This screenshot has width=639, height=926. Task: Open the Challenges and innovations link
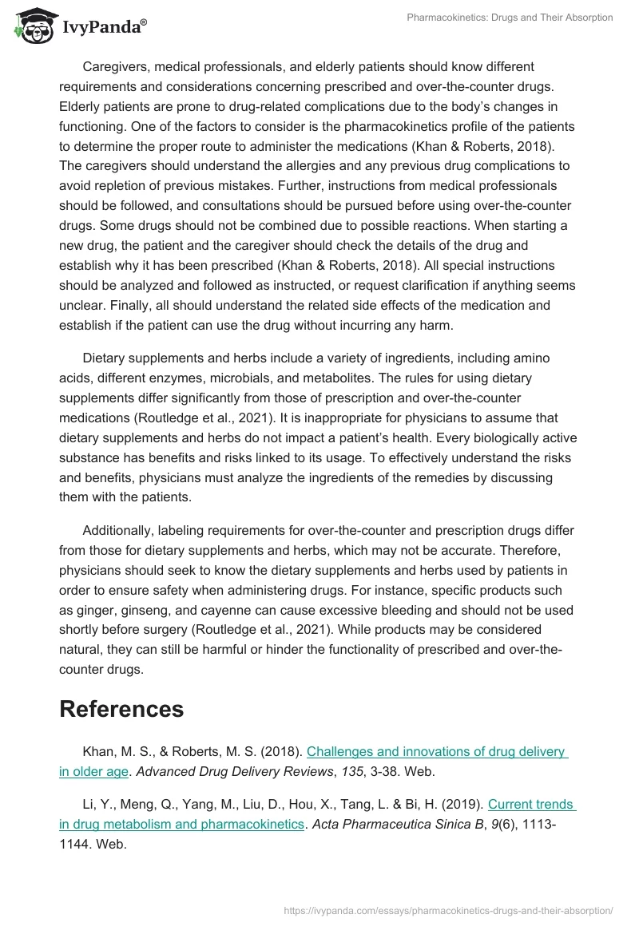click(436, 751)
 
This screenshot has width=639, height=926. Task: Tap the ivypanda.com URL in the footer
click(449, 909)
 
